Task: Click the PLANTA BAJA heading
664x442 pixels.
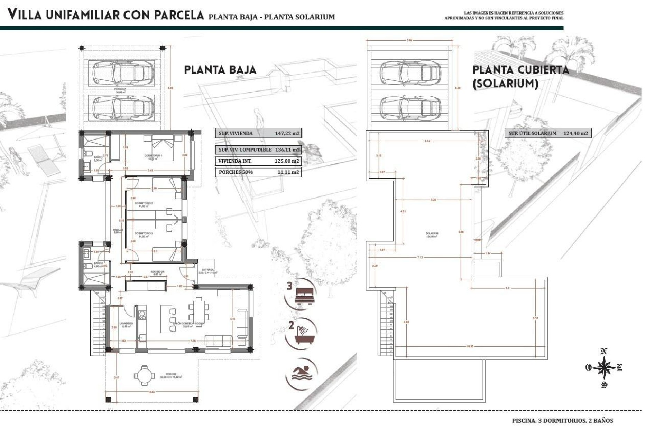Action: [x=220, y=70]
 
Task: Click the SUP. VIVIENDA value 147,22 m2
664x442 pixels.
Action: [x=287, y=133]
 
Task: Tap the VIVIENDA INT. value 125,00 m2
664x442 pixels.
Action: [x=286, y=161]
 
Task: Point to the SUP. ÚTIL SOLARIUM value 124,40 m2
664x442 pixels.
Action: [x=575, y=133]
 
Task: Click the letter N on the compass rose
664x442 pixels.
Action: [x=604, y=352]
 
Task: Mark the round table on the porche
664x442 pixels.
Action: [x=143, y=375]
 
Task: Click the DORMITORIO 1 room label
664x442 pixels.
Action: [x=153, y=156]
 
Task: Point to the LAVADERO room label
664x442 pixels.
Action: [x=126, y=324]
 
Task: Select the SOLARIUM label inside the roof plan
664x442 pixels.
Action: [x=432, y=234]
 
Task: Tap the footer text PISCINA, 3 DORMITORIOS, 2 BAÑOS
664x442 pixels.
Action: [x=562, y=421]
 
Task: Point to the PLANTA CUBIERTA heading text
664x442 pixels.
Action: [x=520, y=70]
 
